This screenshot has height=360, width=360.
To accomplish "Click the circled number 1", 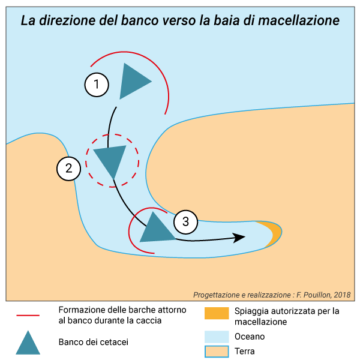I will [x=97, y=85].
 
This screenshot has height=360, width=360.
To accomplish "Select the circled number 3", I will [x=185, y=222].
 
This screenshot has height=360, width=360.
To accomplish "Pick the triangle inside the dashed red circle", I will [x=111, y=160].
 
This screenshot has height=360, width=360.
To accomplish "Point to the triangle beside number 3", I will [x=156, y=229].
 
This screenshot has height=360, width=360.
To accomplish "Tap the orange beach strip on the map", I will [x=274, y=233].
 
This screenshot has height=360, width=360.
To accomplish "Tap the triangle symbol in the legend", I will [x=27, y=343].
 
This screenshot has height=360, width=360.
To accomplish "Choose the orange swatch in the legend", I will [x=217, y=314].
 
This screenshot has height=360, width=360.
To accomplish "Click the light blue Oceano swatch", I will [x=217, y=336].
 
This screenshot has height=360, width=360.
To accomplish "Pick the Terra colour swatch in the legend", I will [x=217, y=351].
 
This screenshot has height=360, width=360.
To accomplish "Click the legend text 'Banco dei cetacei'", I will [x=94, y=342].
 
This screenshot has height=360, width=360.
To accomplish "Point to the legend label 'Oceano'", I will [x=250, y=337].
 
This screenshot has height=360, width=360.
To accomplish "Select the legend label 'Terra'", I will [x=245, y=351].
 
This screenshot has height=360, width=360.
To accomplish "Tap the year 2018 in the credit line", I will [x=343, y=295].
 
